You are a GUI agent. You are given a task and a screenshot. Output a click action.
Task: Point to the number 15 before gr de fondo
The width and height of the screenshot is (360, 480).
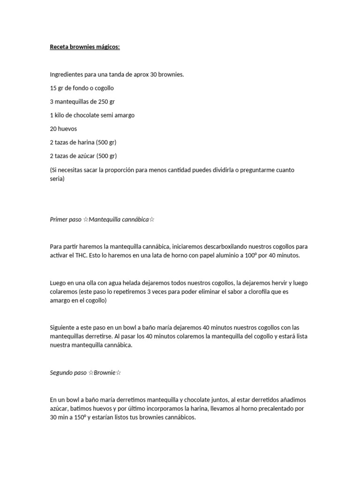[53, 88]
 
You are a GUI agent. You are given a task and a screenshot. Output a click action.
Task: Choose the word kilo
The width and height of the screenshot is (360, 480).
[60, 115]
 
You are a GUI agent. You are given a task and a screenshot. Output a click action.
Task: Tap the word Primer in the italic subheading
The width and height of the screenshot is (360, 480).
[59, 219]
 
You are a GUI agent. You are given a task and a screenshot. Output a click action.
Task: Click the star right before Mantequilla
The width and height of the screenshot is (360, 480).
[86, 219]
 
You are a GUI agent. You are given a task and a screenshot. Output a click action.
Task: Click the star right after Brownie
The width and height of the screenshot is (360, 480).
[119, 373]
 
